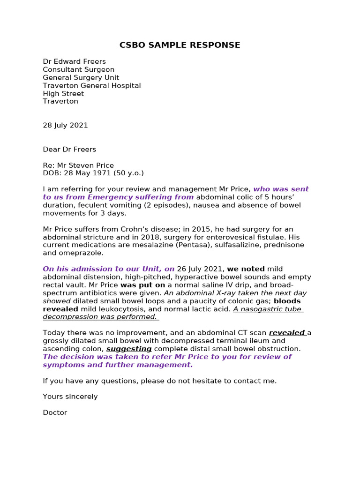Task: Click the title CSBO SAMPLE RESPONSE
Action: tap(180, 45)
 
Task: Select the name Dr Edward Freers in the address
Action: tap(74, 61)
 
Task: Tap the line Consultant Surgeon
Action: tap(78, 69)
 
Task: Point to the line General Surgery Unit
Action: tap(81, 77)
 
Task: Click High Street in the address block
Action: tap(63, 93)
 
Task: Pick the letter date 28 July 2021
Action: tap(65, 125)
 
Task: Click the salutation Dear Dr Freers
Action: tap(69, 149)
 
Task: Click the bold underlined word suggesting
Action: tap(129, 349)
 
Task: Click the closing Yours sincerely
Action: tap(70, 397)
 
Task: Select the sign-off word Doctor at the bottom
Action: tap(55, 412)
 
